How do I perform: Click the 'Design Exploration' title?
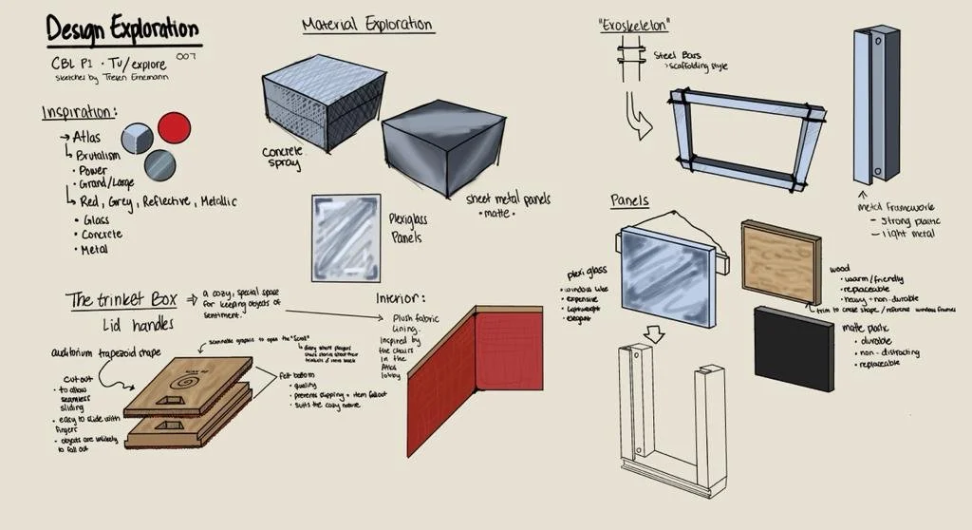pos(122,29)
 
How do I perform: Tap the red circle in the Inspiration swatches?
pos(174,127)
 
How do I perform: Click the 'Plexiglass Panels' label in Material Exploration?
pos(408,228)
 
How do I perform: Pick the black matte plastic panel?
pos(794,347)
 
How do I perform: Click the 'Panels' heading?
pos(629,200)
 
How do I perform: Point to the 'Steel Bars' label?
pos(675,55)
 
